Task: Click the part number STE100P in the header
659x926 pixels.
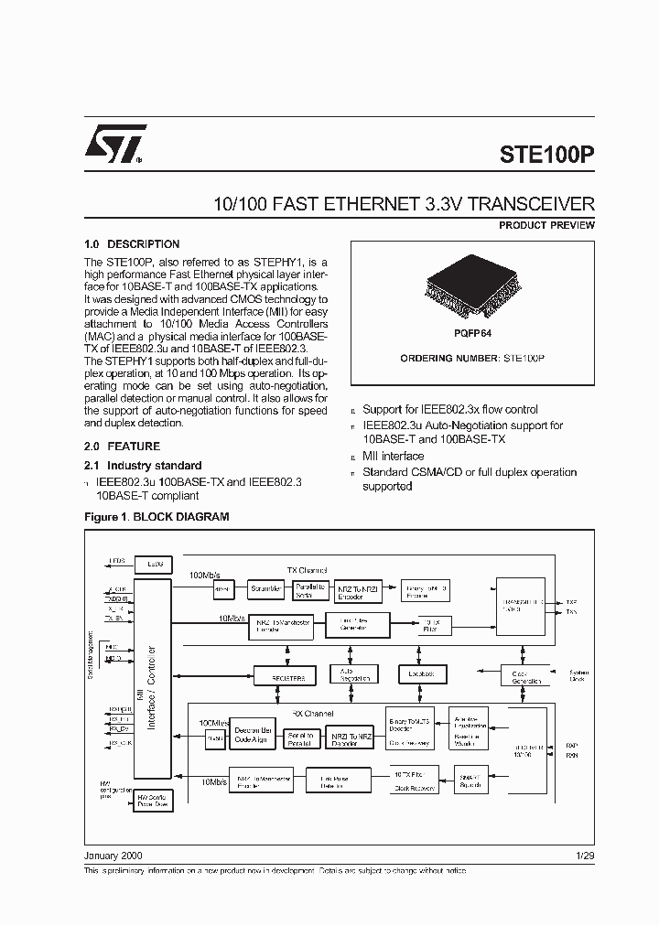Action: (x=547, y=154)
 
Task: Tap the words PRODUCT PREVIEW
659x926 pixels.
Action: (x=546, y=225)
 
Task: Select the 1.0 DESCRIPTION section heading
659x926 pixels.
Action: (x=132, y=244)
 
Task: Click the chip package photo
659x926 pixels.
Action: (x=472, y=289)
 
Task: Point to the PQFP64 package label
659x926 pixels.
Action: (x=472, y=334)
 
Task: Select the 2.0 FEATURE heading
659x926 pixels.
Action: (x=122, y=447)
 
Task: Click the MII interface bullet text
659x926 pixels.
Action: (x=393, y=456)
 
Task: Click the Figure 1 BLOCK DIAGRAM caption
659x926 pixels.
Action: (x=157, y=517)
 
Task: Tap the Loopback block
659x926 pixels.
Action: (x=421, y=673)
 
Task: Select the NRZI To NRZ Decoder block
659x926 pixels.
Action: (x=352, y=738)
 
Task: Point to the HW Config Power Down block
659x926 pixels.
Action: (x=152, y=802)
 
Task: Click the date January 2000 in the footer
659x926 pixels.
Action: (x=113, y=856)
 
